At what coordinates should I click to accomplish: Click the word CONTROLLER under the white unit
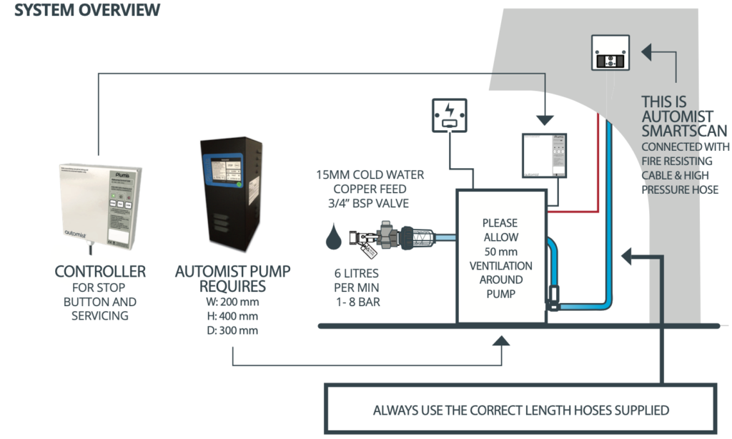point(100,272)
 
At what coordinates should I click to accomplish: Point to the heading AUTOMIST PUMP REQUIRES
point(232,280)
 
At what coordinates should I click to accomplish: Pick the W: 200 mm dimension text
point(232,302)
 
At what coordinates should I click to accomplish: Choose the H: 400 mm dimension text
point(232,317)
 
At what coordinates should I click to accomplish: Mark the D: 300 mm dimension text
point(232,331)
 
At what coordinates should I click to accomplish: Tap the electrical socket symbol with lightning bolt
point(448,115)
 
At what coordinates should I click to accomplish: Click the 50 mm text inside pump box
point(500,252)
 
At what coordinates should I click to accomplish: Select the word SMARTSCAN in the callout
point(684,131)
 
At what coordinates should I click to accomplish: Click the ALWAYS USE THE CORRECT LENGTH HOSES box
point(520,410)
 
